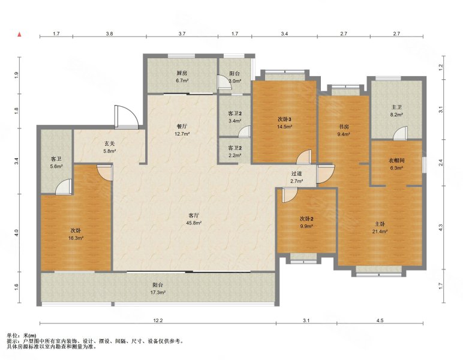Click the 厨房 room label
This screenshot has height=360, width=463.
(182, 73)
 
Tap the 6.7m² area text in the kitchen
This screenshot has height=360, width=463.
(182, 80)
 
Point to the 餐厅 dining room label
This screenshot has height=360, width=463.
(182, 126)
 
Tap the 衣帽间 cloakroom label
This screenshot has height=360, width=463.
(396, 161)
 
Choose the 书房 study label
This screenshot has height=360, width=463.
(344, 127)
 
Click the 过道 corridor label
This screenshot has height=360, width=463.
(296, 174)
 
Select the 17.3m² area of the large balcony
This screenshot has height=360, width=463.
(158, 292)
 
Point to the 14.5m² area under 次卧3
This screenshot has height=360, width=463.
(285, 127)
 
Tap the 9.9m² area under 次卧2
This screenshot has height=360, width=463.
(306, 226)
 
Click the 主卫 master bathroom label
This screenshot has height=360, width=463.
(396, 107)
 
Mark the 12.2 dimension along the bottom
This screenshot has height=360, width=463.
(158, 320)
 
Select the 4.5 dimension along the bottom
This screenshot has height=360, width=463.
(380, 320)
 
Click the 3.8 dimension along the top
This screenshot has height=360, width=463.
(109, 34)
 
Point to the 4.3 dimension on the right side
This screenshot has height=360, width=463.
(441, 227)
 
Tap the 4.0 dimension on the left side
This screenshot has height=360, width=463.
(17, 233)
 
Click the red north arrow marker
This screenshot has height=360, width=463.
(19, 35)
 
